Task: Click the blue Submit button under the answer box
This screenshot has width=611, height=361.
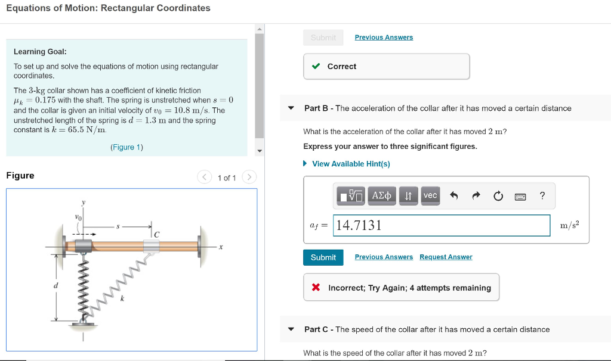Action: pos(323,257)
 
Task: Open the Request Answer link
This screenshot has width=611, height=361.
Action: pos(445,257)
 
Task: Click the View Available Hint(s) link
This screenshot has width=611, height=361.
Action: pos(351,164)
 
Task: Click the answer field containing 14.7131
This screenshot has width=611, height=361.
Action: pos(442,225)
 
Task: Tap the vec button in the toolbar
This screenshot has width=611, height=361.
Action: pos(430,195)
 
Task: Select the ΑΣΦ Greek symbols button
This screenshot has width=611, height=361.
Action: pos(382,195)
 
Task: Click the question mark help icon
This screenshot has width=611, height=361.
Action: pos(542,195)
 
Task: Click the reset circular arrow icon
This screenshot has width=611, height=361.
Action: pos(498,196)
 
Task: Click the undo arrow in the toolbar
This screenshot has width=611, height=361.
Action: pos(453,195)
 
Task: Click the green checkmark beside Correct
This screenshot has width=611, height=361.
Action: pos(316,66)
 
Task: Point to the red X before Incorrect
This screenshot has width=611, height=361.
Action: pos(316,288)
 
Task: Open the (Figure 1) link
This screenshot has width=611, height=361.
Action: pos(126,147)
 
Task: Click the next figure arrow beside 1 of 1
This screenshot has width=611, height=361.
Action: pos(249,178)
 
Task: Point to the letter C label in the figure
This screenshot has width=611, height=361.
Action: pos(156,235)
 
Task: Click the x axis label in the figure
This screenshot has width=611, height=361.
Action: pos(220,247)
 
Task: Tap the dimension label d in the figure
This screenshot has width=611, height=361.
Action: pos(57,287)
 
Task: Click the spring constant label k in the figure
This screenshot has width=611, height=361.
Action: pos(122,298)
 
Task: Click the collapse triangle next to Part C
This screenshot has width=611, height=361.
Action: pos(291,329)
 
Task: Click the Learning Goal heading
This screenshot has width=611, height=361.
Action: pos(40,52)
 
